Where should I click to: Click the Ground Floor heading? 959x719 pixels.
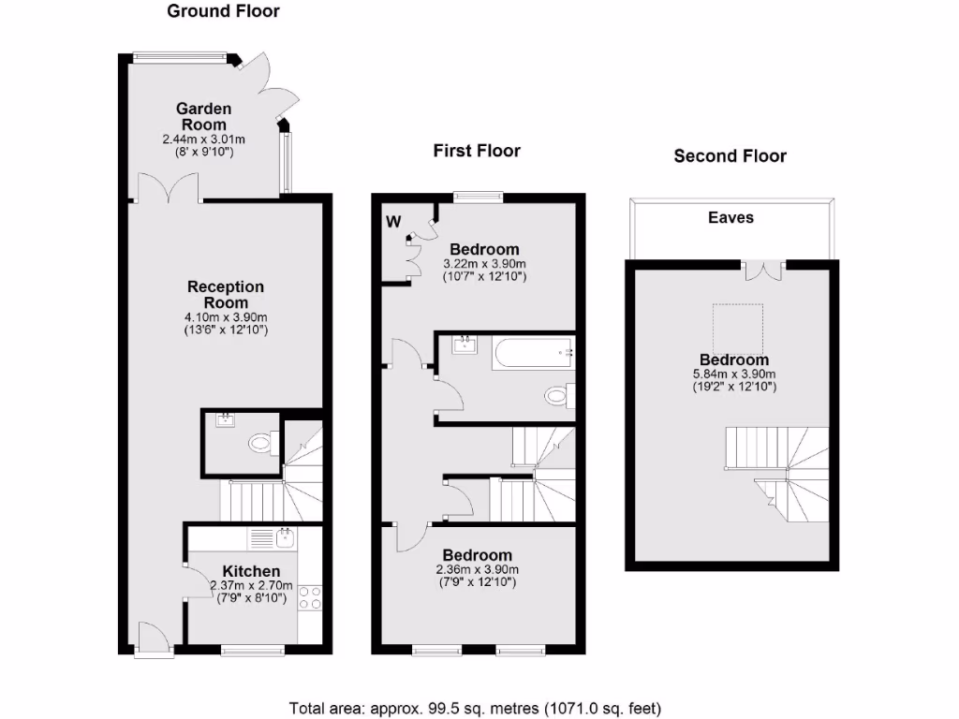tap(223, 12)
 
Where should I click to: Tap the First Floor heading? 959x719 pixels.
tap(476, 151)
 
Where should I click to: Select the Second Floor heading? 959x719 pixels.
tap(730, 156)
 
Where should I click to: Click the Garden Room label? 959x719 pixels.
tap(204, 117)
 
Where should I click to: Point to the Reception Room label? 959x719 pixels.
tap(226, 295)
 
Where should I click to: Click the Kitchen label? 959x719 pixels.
tap(251, 571)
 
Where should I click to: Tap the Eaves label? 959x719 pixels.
tap(730, 217)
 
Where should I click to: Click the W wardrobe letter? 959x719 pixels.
tap(393, 222)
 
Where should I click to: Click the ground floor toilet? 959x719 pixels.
tap(261, 440)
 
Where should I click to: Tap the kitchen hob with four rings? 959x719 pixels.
tap(310, 598)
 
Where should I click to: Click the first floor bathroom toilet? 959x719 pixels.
tap(558, 395)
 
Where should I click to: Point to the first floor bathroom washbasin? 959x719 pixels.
tap(465, 345)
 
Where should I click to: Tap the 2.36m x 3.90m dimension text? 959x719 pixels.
tap(478, 569)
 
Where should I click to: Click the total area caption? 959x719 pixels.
tap(479, 708)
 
